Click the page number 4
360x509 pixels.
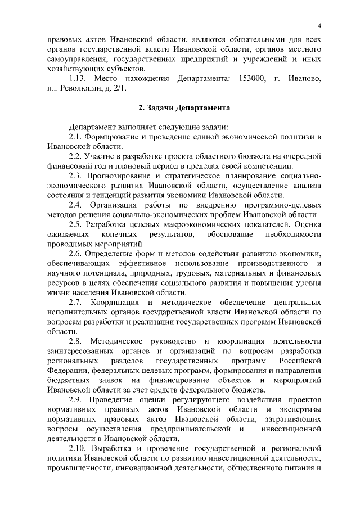pyautogui.click(x=319, y=26)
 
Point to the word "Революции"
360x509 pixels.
pyautogui.click(x=85, y=88)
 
